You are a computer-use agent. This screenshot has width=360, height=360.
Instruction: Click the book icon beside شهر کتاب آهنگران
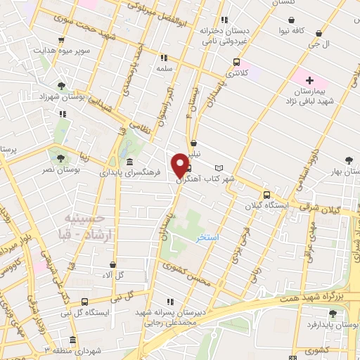(219, 168)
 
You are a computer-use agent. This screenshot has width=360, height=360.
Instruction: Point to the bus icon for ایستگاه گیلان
(266, 195)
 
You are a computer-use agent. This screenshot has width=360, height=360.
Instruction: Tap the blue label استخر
(208, 238)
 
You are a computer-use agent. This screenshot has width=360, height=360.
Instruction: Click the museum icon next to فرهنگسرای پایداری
(130, 162)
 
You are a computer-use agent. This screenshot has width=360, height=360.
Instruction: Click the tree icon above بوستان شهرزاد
(61, 86)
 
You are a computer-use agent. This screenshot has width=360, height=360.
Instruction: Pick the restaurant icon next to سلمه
(164, 58)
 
